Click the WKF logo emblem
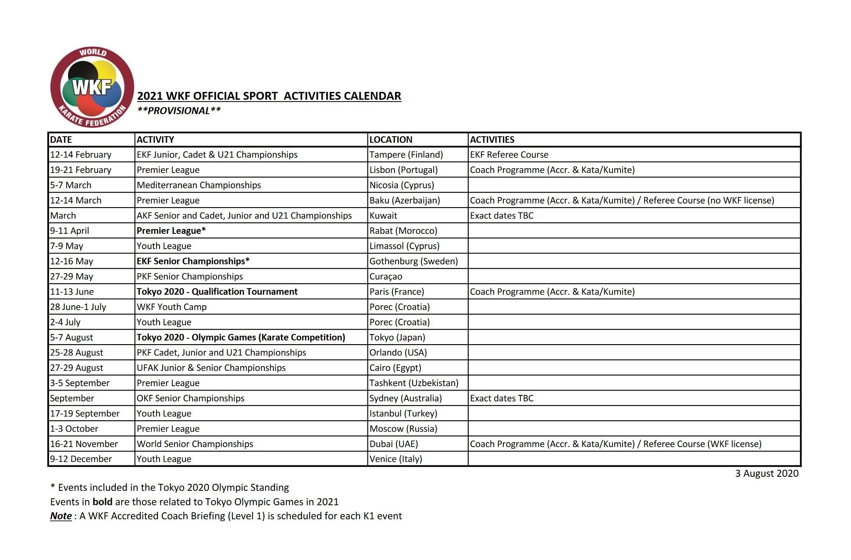(92, 87)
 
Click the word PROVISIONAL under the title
(179, 111)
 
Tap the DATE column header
(61, 140)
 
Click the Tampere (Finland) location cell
(406, 155)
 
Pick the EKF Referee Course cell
(509, 155)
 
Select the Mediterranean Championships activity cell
(199, 185)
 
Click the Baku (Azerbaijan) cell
(405, 201)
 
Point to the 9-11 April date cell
(69, 231)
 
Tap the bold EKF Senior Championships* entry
(193, 261)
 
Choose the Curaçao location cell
(386, 277)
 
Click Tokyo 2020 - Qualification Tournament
(217, 292)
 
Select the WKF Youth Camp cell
(171, 307)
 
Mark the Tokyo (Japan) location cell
(397, 338)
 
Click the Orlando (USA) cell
(398, 352)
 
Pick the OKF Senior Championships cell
(190, 398)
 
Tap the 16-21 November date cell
(84, 444)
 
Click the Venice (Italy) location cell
(395, 459)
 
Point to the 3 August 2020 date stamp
(767, 474)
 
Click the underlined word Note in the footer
(61, 516)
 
